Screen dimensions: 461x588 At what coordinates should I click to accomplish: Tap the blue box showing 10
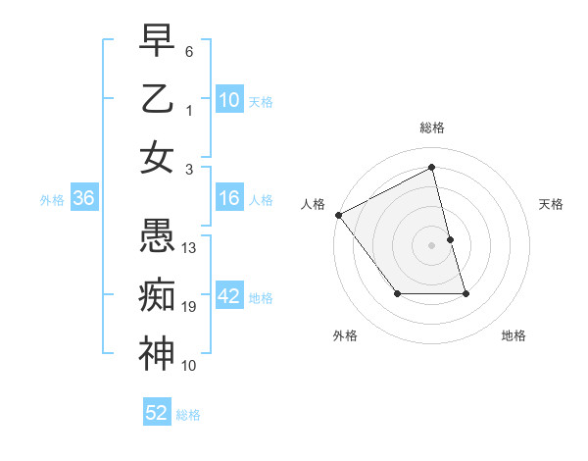228,100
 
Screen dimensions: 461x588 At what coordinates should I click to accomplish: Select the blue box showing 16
228,198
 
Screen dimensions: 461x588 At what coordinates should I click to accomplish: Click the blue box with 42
228,297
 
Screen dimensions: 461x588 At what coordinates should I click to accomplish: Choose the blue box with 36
83,198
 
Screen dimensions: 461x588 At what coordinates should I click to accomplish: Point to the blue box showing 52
157,413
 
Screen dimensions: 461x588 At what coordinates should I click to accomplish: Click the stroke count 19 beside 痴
190,307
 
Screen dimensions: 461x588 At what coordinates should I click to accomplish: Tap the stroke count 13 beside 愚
190,247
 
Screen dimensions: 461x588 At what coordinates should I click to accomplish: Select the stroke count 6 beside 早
189,50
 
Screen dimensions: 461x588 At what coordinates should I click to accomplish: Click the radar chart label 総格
432,128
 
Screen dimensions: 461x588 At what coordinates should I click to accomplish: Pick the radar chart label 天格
551,204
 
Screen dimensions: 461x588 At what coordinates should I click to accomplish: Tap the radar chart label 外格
345,335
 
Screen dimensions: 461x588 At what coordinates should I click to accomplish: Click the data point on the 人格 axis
338,215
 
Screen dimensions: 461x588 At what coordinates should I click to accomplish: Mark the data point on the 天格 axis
450,239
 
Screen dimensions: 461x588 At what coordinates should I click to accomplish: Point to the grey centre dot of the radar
432,245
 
